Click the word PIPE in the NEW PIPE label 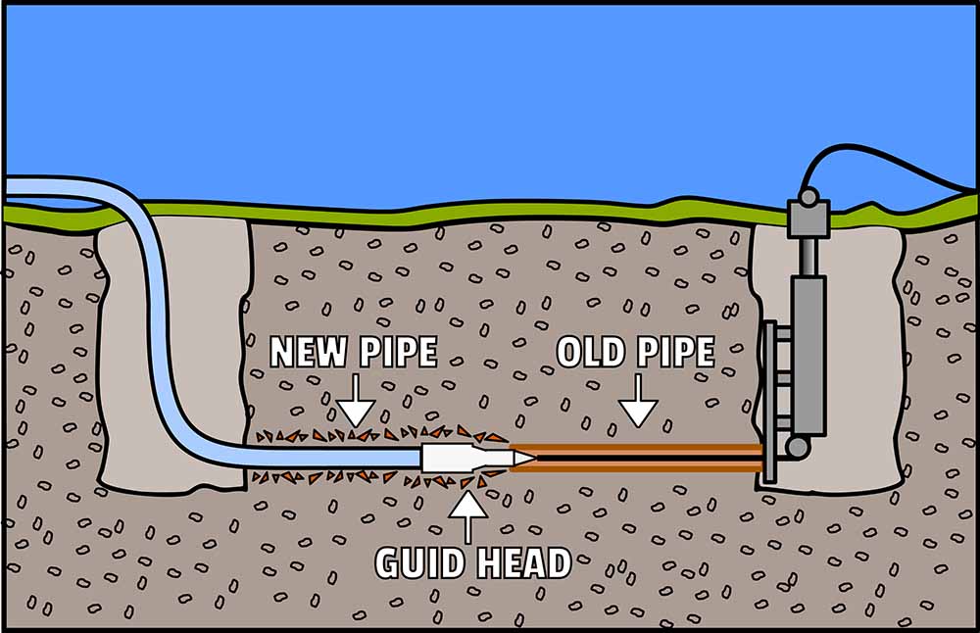coord(395,352)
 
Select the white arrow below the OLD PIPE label coord(638,404)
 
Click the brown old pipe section coord(637,457)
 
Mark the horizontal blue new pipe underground coord(323,457)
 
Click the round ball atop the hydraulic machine coord(808,197)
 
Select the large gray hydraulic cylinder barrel coord(808,353)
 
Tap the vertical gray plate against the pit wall coord(769,402)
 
